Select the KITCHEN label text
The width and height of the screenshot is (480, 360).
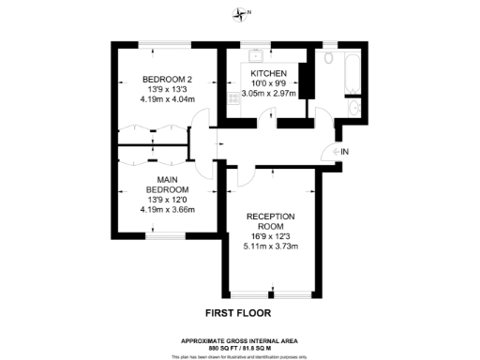click(x=268, y=73)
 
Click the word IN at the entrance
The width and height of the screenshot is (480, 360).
click(x=344, y=152)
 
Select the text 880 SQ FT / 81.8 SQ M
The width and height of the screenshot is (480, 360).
click(x=239, y=346)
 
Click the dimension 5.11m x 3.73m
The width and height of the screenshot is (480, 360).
click(x=271, y=247)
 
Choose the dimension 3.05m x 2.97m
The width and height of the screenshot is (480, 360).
click(x=269, y=94)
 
